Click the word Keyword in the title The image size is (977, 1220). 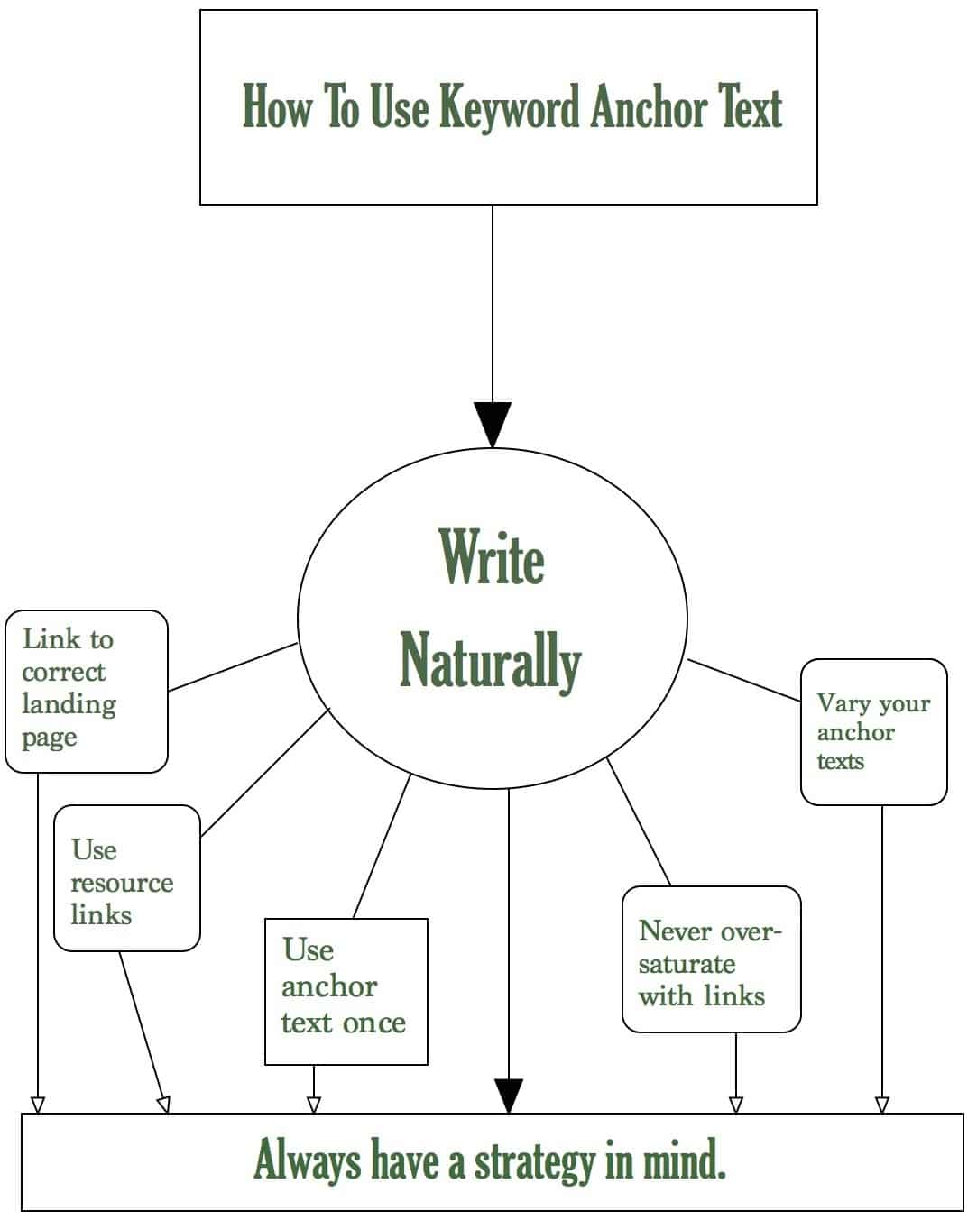510,107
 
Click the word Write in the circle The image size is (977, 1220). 492,557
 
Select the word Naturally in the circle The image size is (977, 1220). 491,662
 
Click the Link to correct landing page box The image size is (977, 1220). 87,691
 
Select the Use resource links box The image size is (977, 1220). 127,877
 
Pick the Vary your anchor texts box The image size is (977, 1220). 874,732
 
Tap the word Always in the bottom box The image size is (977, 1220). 307,1160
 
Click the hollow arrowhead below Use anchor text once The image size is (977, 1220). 314,1105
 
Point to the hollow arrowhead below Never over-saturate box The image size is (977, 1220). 736,1105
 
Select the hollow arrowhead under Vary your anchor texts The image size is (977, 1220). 881,1105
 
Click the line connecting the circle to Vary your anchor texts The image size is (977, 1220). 744,680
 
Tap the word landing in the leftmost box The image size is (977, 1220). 69,705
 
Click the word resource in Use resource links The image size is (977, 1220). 122,884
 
